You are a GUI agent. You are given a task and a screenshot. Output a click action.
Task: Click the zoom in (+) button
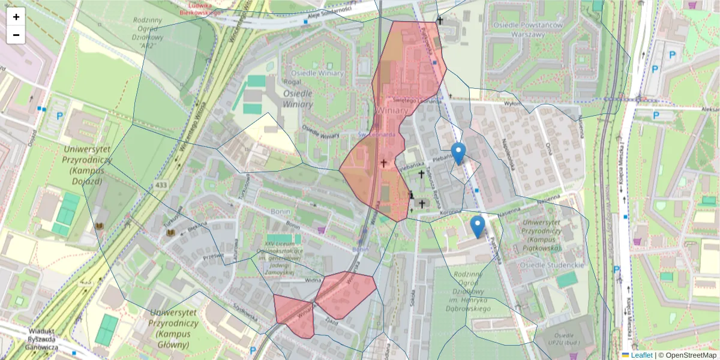coord(16,17)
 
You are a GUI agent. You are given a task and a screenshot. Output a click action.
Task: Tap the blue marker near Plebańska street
coord(458,154)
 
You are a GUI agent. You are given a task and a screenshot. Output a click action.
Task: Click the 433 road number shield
coord(161,186)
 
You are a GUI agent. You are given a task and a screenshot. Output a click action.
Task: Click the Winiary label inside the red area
coord(393,111)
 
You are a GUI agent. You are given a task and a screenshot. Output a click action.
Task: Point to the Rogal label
coord(292,82)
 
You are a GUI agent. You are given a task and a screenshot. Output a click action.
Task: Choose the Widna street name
coord(313,279)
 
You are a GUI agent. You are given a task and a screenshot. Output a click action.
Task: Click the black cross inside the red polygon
coord(383,163)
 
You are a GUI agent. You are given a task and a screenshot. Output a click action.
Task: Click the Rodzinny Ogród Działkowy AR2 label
coord(148,32)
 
